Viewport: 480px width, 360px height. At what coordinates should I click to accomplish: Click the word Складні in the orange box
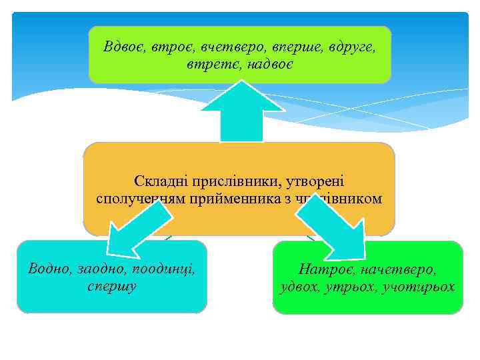[161, 181]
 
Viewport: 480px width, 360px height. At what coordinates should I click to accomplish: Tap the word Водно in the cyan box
[48, 269]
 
